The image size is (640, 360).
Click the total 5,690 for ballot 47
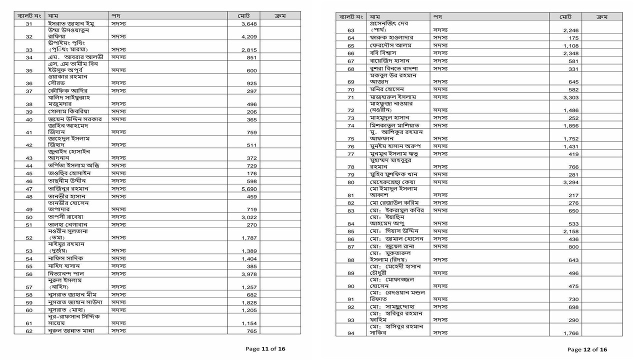[x=249, y=189]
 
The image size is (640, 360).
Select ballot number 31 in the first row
[x=29, y=24]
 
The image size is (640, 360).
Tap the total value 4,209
[x=249, y=37]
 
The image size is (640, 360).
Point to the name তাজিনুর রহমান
[x=68, y=189]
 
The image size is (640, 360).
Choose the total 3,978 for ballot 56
[x=249, y=274]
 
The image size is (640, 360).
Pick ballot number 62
[x=29, y=331]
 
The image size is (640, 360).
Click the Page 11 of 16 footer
[x=265, y=349]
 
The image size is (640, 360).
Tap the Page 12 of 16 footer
[x=587, y=349]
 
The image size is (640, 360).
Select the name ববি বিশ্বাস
[x=383, y=53]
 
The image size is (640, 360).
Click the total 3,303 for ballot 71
[x=570, y=97]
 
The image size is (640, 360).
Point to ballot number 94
[x=351, y=333]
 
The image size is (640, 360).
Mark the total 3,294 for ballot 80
[x=570, y=182]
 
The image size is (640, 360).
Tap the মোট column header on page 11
[x=244, y=16]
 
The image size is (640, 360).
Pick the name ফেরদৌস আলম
[x=390, y=45]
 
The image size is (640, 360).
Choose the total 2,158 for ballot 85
[x=570, y=231]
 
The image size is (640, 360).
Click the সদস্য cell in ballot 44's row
[x=118, y=165]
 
